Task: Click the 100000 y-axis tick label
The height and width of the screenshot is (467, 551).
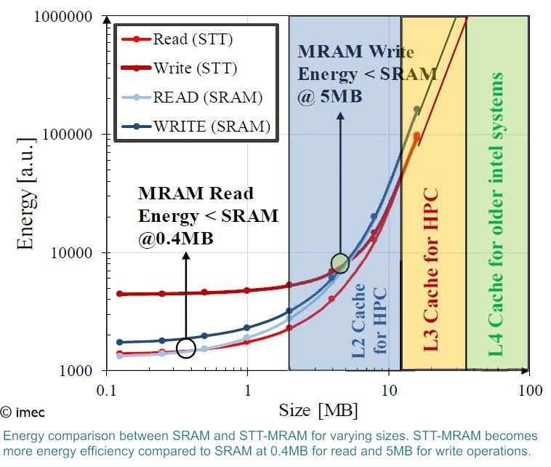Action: click(76, 135)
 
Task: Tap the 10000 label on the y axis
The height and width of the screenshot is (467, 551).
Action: click(79, 252)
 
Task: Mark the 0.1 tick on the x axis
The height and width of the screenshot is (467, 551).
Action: click(106, 391)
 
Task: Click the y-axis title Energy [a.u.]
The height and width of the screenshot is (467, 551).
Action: click(26, 193)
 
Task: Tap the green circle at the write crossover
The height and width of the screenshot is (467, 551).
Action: click(340, 263)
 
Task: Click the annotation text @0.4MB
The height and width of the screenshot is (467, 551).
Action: click(177, 238)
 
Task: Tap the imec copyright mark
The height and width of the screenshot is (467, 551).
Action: click(23, 412)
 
